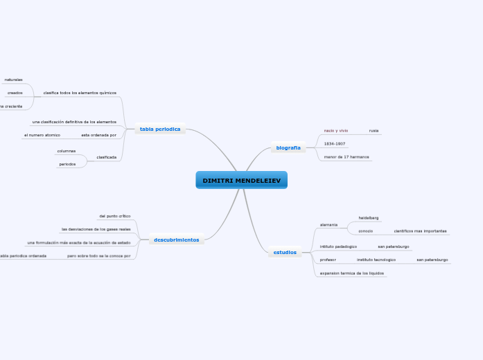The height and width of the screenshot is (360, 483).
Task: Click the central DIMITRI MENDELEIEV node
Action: (x=241, y=181)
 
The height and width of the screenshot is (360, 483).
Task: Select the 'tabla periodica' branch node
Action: (x=160, y=129)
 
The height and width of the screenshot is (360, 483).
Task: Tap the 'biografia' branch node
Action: (x=288, y=147)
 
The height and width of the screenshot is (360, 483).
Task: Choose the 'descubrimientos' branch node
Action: (x=176, y=240)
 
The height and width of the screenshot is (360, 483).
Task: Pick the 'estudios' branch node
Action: (x=285, y=252)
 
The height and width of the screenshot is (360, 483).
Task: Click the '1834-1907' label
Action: (x=335, y=144)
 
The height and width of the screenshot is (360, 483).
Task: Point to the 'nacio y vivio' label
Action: (x=336, y=130)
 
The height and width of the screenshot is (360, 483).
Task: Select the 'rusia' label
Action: (x=374, y=130)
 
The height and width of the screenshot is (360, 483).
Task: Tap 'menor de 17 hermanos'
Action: (x=347, y=158)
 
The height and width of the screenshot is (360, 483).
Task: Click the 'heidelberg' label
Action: (x=368, y=217)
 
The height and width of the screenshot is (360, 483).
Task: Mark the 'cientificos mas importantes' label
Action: (x=420, y=231)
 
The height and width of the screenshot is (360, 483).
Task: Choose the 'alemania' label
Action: (x=328, y=224)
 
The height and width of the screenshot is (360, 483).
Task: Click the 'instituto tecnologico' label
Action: (x=376, y=260)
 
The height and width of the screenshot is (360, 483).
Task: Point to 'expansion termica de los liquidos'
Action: (x=352, y=273)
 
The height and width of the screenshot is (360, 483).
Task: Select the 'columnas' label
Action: (x=67, y=150)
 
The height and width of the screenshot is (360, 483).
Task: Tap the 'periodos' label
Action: (x=67, y=164)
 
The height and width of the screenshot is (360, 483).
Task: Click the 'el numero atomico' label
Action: (x=42, y=135)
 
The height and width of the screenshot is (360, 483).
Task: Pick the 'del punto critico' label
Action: (x=115, y=216)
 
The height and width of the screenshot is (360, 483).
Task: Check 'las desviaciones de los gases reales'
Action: (x=96, y=229)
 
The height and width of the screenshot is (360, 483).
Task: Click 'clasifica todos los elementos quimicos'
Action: (x=80, y=92)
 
